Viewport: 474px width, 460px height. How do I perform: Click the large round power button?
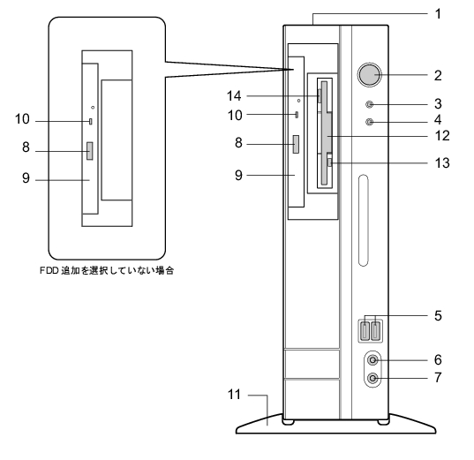(369, 74)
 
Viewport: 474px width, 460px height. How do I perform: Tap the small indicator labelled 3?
(370, 105)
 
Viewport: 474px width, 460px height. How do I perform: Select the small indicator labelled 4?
(370, 122)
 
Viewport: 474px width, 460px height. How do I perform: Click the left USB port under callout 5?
(365, 330)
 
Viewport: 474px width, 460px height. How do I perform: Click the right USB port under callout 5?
(375, 330)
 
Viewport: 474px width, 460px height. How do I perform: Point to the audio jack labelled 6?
(372, 360)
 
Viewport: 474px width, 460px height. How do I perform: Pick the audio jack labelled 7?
(372, 378)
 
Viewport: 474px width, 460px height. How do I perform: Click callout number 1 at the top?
(438, 14)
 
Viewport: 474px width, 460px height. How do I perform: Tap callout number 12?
(442, 136)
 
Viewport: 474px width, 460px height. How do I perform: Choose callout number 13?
(442, 162)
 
